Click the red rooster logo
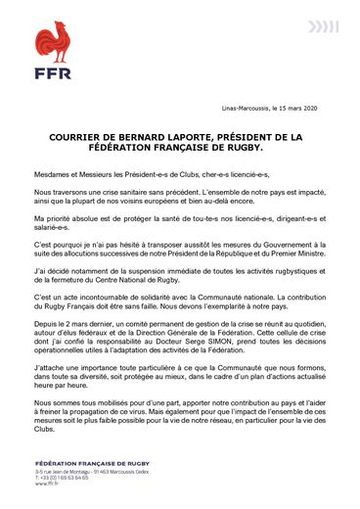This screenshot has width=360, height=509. tap(54, 42)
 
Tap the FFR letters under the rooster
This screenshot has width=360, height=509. tap(54, 73)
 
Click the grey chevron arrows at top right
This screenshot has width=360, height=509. tap(323, 26)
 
